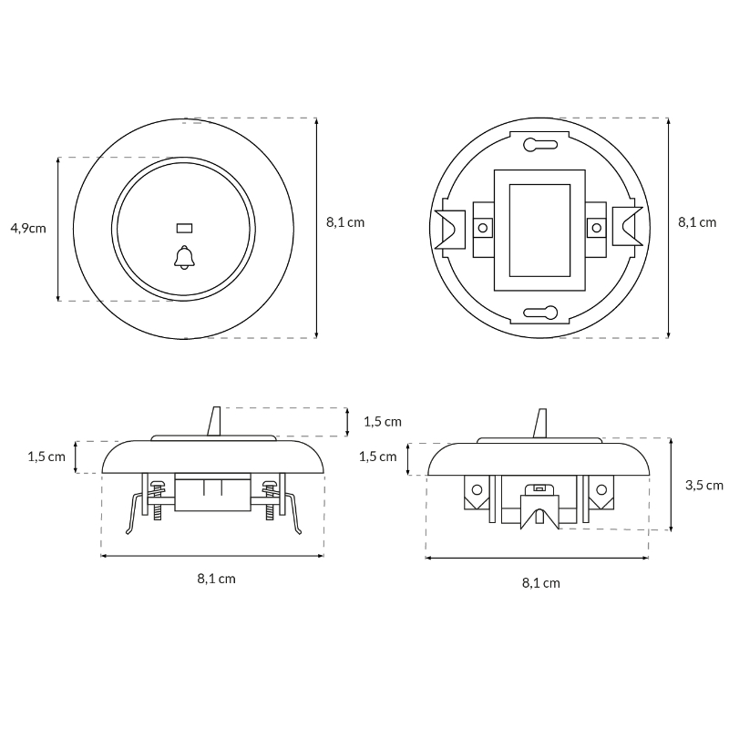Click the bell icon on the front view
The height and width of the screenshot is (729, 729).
click(184, 257)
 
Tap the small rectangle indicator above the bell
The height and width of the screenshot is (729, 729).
click(184, 229)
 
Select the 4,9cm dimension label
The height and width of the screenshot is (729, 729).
click(28, 229)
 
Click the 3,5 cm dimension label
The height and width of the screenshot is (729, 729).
click(703, 486)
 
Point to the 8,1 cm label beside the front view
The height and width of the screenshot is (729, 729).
click(345, 222)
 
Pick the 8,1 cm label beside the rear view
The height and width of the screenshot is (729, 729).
click(697, 222)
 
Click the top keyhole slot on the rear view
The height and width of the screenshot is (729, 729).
click(540, 145)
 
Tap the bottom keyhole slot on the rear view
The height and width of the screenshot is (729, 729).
click(540, 313)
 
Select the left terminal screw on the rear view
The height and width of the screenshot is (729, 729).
click(483, 228)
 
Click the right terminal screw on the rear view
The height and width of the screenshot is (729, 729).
click(597, 228)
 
